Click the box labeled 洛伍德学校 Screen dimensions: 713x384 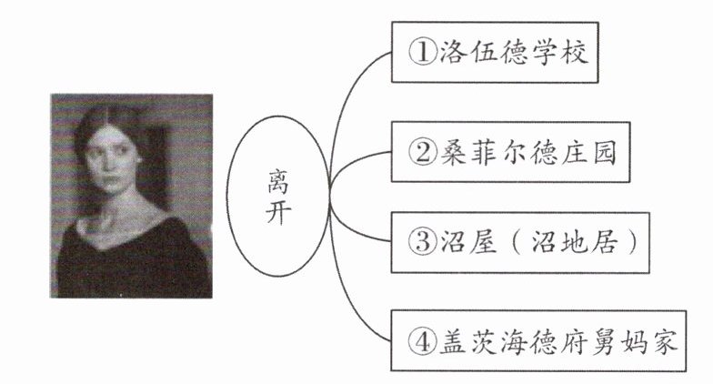tap(495, 53)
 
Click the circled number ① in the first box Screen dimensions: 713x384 tap(422, 53)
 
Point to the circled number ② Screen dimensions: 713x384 tap(422, 152)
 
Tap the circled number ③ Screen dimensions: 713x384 tap(422, 243)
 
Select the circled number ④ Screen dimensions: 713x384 tap(422, 342)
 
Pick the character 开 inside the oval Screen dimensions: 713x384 tap(278, 217)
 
